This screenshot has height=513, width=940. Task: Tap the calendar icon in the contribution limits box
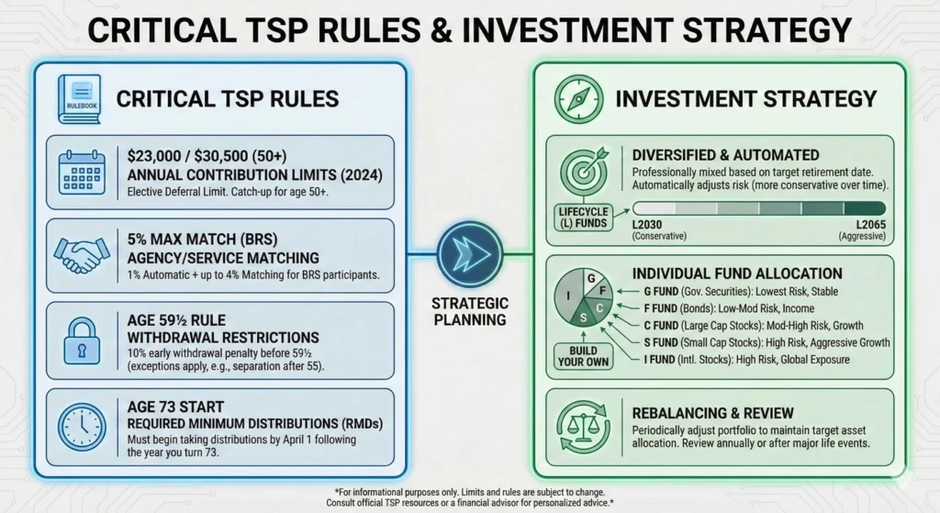(x=82, y=171)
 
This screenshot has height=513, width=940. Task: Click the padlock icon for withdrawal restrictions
(x=81, y=340)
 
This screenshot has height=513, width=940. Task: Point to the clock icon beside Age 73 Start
(x=82, y=424)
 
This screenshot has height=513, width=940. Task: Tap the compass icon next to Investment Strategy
(x=584, y=97)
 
